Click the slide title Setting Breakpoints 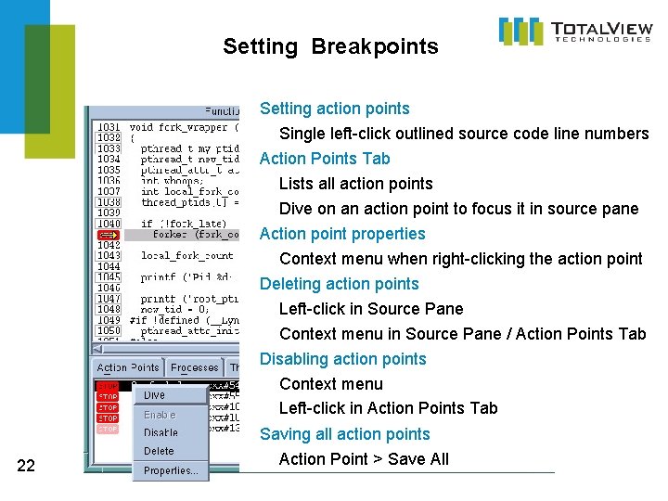pyautogui.click(x=330, y=46)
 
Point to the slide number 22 pyautogui.click(x=26, y=466)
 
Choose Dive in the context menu pyautogui.click(x=155, y=395)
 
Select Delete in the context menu pyautogui.click(x=159, y=451)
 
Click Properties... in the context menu pyautogui.click(x=171, y=470)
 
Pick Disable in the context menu pyautogui.click(x=161, y=432)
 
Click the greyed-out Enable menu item pyautogui.click(x=160, y=415)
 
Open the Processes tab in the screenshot pyautogui.click(x=195, y=367)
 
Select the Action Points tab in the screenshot pyautogui.click(x=128, y=367)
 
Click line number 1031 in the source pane pyautogui.click(x=109, y=127)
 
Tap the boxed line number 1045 pyautogui.click(x=109, y=277)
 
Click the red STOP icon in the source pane pyautogui.click(x=109, y=235)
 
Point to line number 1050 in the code pyautogui.click(x=109, y=331)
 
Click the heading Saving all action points pyautogui.click(x=344, y=434)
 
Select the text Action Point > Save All pyautogui.click(x=364, y=459)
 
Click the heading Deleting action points pyautogui.click(x=339, y=284)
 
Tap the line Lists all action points pyautogui.click(x=355, y=184)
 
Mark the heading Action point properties pyautogui.click(x=342, y=234)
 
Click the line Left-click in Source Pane pyautogui.click(x=371, y=309)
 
